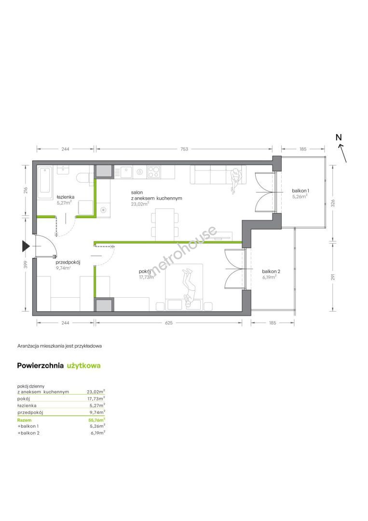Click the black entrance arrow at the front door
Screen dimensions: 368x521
click(26, 246)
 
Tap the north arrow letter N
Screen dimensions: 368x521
click(339, 137)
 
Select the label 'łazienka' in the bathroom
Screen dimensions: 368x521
click(65, 197)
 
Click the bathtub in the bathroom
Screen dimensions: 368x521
click(45, 180)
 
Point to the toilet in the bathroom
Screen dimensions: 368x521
click(83, 178)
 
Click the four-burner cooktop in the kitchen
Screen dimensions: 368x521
click(153, 172)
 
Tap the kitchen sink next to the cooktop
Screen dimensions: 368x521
click(126, 172)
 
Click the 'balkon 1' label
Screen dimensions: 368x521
click(300, 191)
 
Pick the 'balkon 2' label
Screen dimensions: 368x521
click(271, 271)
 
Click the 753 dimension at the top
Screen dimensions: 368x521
click(184, 149)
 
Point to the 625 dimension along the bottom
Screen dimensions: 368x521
click(169, 322)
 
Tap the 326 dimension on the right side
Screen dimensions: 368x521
click(333, 203)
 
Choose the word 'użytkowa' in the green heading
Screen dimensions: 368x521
click(84, 366)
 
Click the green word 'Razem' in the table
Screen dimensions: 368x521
click(24, 420)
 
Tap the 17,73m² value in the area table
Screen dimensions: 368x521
click(96, 398)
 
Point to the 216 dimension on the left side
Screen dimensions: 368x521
click(26, 190)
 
